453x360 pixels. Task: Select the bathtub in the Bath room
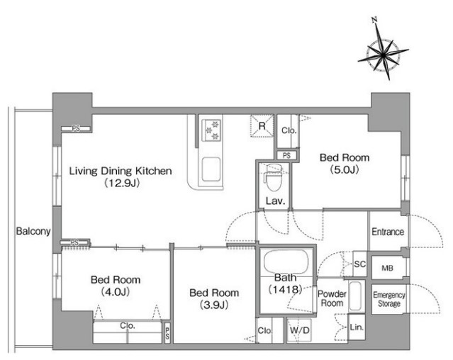tap(286, 261)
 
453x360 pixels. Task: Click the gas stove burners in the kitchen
tap(212, 130)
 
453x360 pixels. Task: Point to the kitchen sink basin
tap(211, 169)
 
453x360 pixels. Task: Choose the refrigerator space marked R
tap(262, 125)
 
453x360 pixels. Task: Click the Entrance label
tap(388, 232)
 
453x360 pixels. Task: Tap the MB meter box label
tap(387, 268)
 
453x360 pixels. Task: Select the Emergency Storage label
tap(389, 299)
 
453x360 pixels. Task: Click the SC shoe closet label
tap(360, 264)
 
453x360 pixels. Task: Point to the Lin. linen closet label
tap(357, 327)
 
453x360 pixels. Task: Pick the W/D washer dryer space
tap(299, 330)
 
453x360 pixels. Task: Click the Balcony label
tap(33, 231)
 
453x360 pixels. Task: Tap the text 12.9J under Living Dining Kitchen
tap(122, 183)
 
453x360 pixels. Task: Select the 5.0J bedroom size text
tap(345, 170)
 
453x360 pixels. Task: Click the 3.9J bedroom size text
tap(214, 305)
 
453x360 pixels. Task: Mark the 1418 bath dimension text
tap(286, 289)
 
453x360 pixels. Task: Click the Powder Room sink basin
tap(355, 296)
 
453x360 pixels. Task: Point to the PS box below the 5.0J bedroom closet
tap(286, 156)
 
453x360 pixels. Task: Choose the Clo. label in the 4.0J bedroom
tap(128, 326)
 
